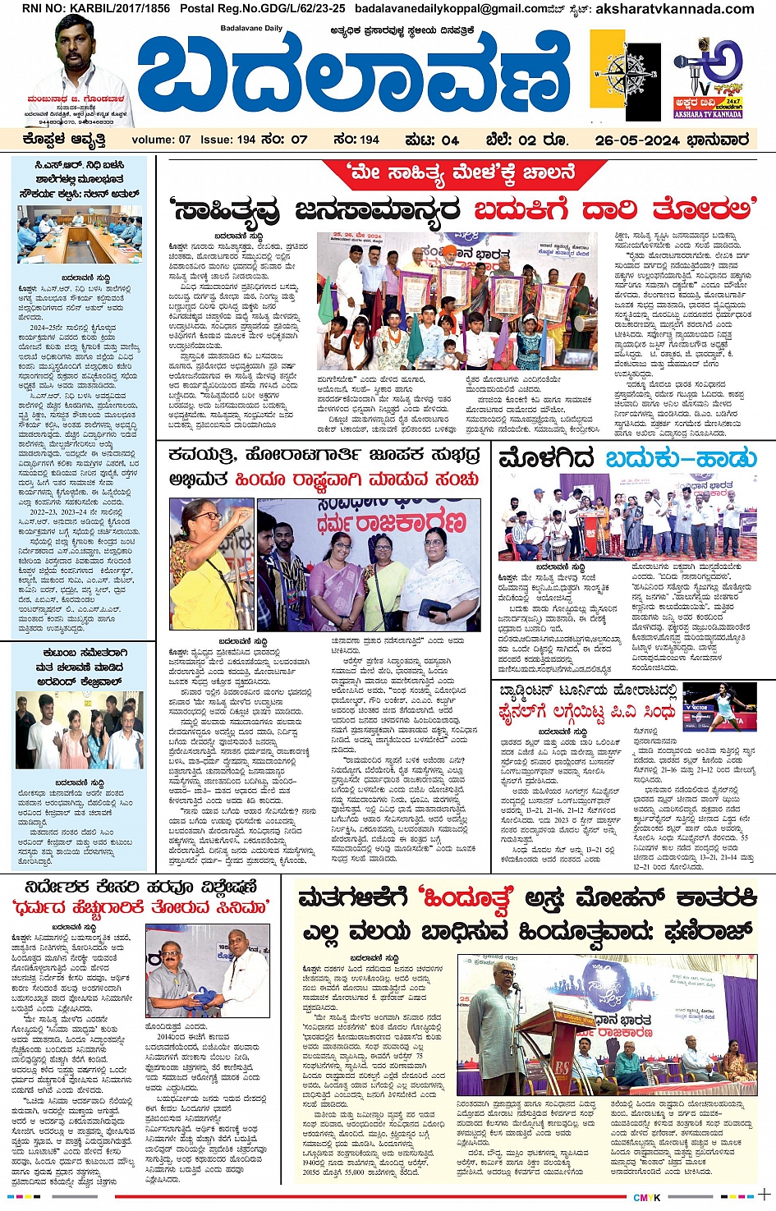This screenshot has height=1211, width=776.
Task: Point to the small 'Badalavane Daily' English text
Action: pyautogui.click(x=250, y=28)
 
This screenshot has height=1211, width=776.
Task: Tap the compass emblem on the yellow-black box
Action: pyautogui.click(x=626, y=77)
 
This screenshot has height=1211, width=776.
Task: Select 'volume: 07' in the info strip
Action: pyautogui.click(x=161, y=140)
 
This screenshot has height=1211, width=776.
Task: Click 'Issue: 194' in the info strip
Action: pyautogui.click(x=228, y=140)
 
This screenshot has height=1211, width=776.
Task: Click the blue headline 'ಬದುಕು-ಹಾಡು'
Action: pyautogui.click(x=681, y=458)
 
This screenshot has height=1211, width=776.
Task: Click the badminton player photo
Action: pyautogui.click(x=720, y=705)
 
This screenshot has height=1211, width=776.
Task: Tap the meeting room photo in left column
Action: pyautogui.click(x=79, y=234)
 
